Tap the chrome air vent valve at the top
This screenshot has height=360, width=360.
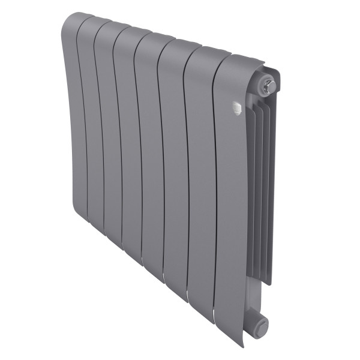[269, 86]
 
